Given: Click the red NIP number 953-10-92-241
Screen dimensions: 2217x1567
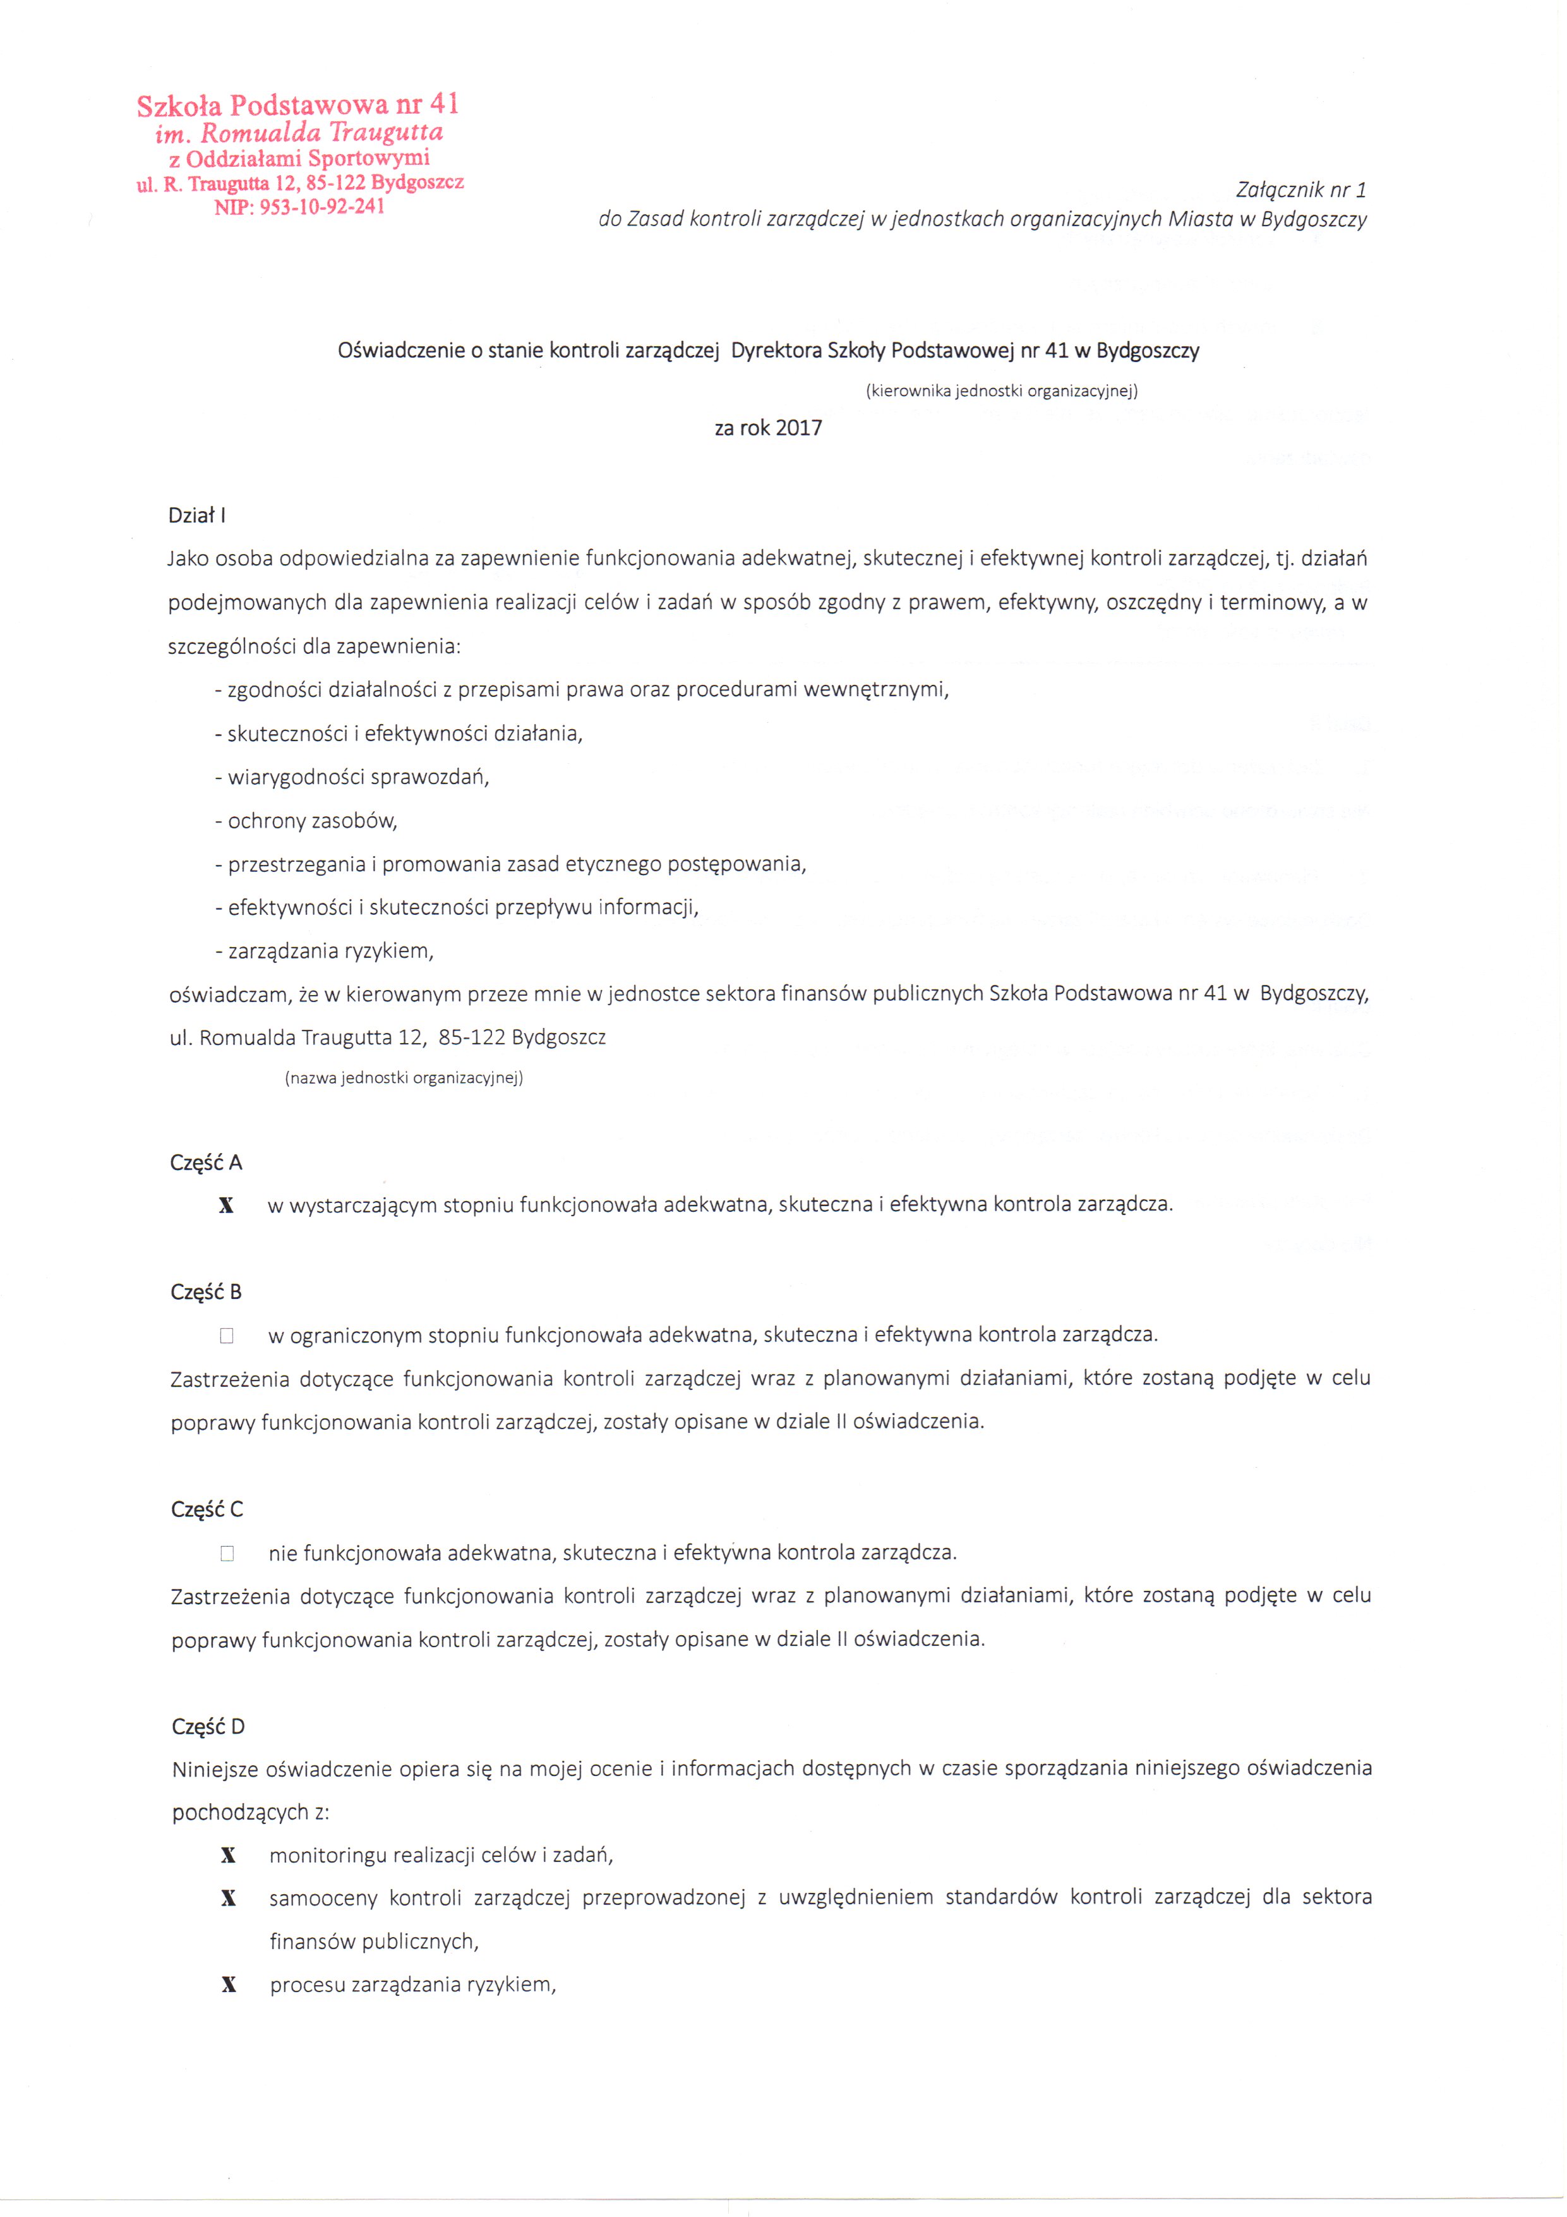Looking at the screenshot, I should [299, 207].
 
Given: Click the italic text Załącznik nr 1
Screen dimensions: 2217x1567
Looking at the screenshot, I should [1300, 190].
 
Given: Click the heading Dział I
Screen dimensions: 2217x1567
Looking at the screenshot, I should [197, 516].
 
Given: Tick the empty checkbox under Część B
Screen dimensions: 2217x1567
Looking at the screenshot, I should [227, 1336].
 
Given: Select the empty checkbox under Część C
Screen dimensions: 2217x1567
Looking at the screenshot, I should [227, 1554].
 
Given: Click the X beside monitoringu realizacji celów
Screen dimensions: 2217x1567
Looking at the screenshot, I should [229, 1856].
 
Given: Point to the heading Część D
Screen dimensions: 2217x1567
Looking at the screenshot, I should [208, 1727].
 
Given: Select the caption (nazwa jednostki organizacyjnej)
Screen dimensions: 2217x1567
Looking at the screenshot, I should [404, 1078].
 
